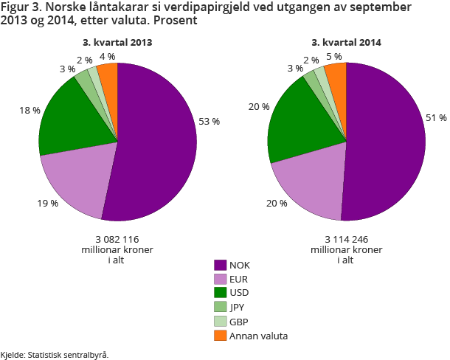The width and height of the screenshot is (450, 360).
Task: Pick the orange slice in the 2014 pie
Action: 336,74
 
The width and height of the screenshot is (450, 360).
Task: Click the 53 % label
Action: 209,121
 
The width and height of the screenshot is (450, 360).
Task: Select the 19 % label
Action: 49,202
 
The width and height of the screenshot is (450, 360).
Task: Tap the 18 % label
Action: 30,110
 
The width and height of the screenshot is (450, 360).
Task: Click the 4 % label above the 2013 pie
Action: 107,56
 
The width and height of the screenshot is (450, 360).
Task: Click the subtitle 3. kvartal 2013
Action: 118,43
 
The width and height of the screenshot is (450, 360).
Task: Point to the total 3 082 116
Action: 117,239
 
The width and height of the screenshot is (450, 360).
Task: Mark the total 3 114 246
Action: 346,239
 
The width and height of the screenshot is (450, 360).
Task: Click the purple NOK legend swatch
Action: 220,265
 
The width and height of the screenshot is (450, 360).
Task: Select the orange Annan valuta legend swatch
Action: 220,336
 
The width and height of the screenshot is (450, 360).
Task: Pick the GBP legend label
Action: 239,322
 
